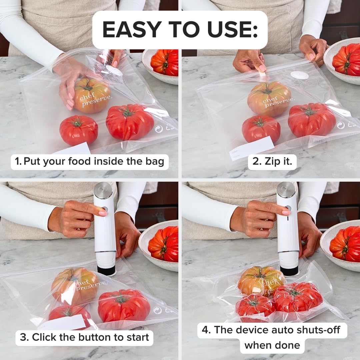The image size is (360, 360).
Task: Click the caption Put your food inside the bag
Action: [x=89, y=162]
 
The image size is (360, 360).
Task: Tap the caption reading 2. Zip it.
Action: [x=272, y=162]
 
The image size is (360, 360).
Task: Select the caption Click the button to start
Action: [x=84, y=337]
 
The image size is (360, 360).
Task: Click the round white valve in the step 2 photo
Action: [x=299, y=75]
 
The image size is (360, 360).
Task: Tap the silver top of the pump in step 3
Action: [x=103, y=190]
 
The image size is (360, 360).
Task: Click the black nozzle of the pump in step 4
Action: [x=289, y=270]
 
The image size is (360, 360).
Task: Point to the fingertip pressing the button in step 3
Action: [x=103, y=213]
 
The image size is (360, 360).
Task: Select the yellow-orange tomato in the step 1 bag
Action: [x=92, y=96]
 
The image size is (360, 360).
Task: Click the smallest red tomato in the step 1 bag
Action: [x=79, y=130]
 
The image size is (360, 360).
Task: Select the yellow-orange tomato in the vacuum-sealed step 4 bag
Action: [x=261, y=280]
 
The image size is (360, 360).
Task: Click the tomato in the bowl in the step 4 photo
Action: [x=345, y=243]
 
